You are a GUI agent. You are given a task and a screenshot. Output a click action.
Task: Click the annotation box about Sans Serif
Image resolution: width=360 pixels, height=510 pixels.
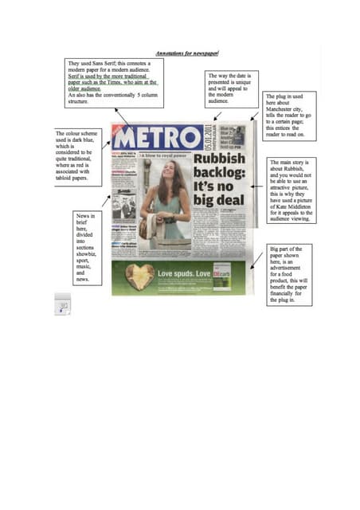[x=115, y=82]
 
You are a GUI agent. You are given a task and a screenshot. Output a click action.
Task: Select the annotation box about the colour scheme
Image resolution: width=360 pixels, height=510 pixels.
[x=78, y=156]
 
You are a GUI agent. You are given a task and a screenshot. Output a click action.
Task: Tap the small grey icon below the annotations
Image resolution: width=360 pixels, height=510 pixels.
[x=62, y=304]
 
